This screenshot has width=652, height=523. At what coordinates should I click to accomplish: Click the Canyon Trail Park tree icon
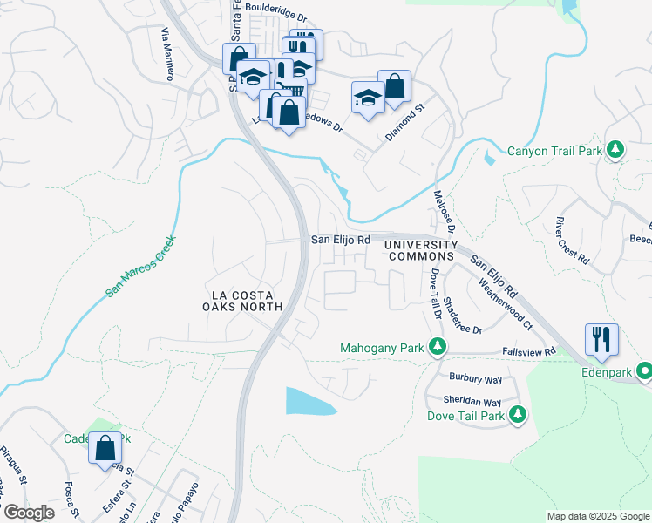(x=615, y=151)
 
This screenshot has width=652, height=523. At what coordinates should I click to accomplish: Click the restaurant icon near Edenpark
(x=601, y=338)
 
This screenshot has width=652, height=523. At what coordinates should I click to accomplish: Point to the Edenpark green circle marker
(x=645, y=371)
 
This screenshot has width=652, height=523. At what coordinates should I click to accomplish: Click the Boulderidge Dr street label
(x=277, y=16)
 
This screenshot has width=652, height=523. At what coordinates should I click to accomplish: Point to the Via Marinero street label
(x=166, y=52)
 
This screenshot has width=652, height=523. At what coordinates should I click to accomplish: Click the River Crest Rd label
(x=573, y=241)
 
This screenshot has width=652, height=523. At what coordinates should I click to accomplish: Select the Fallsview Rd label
(x=528, y=351)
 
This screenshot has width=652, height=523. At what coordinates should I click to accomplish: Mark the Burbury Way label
(x=475, y=378)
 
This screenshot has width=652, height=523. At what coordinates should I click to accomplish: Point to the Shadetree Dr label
(x=463, y=315)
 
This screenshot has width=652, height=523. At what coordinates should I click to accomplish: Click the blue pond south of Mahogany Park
(x=309, y=402)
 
